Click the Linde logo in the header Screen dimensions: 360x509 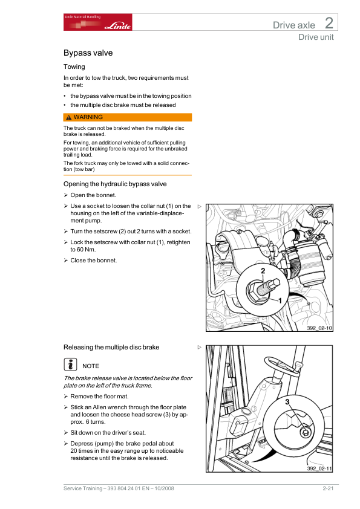pyautogui.click(x=117, y=25)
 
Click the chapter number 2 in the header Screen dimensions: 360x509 pyautogui.click(x=329, y=23)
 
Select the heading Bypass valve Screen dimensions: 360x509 pyautogui.click(x=88, y=53)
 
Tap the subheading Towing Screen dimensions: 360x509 pyautogui.click(x=74, y=67)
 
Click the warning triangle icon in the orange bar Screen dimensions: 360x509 pyautogui.click(x=68, y=117)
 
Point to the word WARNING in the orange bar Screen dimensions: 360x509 pyautogui.click(x=88, y=117)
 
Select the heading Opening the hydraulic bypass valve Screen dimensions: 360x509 pyautogui.click(x=115, y=184)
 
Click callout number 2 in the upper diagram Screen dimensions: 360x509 pyautogui.click(x=263, y=271)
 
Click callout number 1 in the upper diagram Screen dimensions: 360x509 pyautogui.click(x=280, y=300)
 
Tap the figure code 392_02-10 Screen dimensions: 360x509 pyautogui.click(x=319, y=328)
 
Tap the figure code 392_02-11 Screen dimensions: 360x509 pyautogui.click(x=319, y=468)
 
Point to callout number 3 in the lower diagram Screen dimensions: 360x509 pyautogui.click(x=287, y=402)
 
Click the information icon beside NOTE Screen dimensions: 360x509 pyautogui.click(x=70, y=365)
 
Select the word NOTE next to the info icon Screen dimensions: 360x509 pyautogui.click(x=91, y=366)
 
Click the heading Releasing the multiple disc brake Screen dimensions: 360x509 pyautogui.click(x=111, y=348)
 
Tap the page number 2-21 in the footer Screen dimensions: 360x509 pyautogui.click(x=328, y=488)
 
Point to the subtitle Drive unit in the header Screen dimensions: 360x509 pyautogui.click(x=316, y=37)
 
